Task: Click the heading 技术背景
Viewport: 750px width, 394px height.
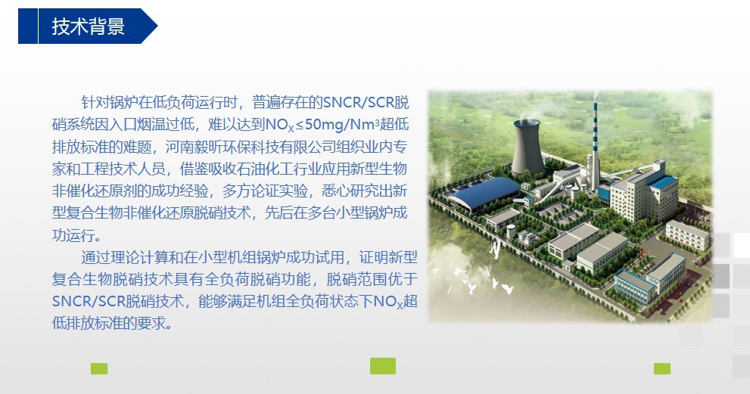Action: coord(89,26)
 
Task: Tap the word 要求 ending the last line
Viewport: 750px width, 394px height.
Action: coord(151,323)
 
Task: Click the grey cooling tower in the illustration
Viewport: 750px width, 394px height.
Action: coord(528,147)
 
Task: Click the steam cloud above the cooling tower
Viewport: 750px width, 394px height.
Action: coord(526,115)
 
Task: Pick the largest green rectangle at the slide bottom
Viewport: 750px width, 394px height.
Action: coord(383,366)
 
